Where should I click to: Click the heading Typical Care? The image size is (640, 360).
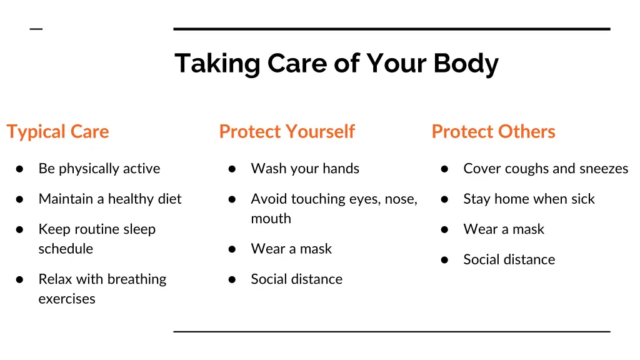pyautogui.click(x=57, y=131)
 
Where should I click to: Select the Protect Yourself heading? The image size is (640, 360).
pyautogui.click(x=287, y=131)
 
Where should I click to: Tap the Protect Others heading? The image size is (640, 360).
pyautogui.click(x=493, y=131)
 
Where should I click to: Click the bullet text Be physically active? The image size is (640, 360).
pyautogui.click(x=99, y=169)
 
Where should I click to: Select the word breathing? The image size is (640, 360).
pyautogui.click(x=135, y=279)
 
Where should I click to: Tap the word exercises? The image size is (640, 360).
pyautogui.click(x=67, y=299)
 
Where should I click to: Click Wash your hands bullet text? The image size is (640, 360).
pyautogui.click(x=305, y=169)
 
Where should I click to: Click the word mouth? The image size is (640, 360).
pyautogui.click(x=271, y=219)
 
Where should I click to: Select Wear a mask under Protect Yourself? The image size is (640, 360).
pyautogui.click(x=291, y=249)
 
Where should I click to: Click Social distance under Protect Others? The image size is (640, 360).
pyautogui.click(x=509, y=259)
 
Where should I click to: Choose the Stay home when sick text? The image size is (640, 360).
pyautogui.click(x=529, y=199)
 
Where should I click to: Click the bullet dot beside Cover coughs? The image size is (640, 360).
pyautogui.click(x=444, y=169)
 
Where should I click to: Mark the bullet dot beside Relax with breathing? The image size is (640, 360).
pyautogui.click(x=19, y=279)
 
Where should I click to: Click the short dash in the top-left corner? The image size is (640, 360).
pyautogui.click(x=36, y=29)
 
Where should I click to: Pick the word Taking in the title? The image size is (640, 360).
pyautogui.click(x=217, y=63)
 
